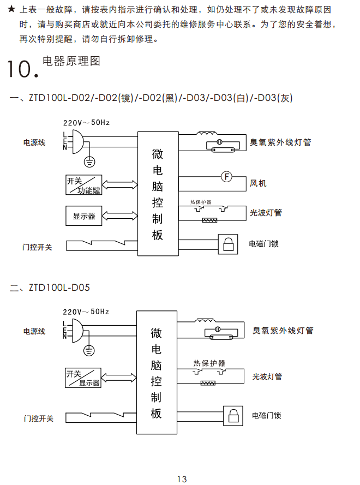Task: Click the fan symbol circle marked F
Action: tap(226, 176)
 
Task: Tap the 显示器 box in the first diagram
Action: tap(84, 216)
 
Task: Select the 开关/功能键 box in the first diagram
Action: tap(84, 185)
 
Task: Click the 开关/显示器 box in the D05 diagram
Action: tap(83, 378)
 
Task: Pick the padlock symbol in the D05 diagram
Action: tap(233, 416)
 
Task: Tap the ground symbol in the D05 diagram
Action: tap(89, 351)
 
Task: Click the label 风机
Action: tap(258, 183)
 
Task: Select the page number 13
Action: tap(182, 479)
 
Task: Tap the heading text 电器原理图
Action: tap(71, 61)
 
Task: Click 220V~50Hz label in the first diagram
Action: tap(86, 122)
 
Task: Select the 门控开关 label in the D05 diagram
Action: tap(38, 418)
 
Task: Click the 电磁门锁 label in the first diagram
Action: tap(264, 243)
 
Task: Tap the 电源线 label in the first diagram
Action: tap(34, 142)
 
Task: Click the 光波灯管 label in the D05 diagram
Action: tap(267, 376)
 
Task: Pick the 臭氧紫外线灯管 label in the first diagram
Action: tap(280, 142)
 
